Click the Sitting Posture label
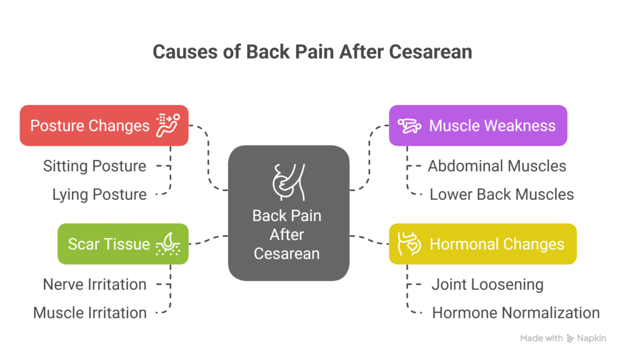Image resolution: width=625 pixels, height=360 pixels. pyautogui.click(x=95, y=166)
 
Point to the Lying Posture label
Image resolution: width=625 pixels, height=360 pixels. pyautogui.click(x=99, y=195)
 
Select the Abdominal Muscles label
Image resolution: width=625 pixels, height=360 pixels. pyautogui.click(x=497, y=166)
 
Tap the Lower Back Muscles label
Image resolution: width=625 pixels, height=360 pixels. pyautogui.click(x=502, y=195)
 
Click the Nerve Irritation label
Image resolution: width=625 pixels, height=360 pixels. pyautogui.click(x=95, y=284)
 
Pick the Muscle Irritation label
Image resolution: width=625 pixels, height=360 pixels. pyautogui.click(x=90, y=313)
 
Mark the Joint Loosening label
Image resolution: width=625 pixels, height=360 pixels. pyautogui.click(x=487, y=284)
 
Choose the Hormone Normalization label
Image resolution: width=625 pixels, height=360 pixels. pyautogui.click(x=516, y=313)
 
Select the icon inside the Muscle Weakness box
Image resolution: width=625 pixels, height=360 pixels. pyautogui.click(x=409, y=126)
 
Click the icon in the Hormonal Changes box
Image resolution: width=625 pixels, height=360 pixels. pyautogui.click(x=409, y=243)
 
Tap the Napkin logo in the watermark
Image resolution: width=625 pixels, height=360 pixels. pyautogui.click(x=571, y=338)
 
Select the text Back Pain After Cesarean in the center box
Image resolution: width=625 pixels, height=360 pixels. pyautogui.click(x=287, y=234)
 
